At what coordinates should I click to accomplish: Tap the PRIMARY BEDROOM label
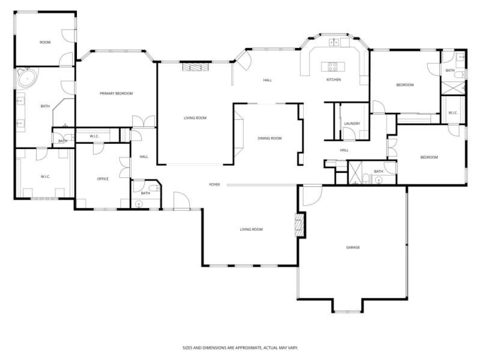point(116,93)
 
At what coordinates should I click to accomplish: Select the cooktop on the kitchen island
point(332,66)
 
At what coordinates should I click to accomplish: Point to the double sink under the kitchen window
point(334,42)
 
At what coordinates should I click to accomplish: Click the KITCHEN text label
point(334,79)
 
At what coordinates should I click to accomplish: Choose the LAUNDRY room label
point(352,124)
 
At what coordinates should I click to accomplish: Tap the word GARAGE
point(352,247)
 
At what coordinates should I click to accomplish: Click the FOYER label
point(214,184)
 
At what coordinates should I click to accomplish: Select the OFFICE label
point(103,178)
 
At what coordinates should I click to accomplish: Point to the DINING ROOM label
point(269,138)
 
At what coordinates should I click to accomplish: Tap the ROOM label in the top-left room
point(44,42)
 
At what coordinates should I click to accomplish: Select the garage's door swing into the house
point(311,195)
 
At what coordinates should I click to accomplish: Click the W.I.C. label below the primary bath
point(44,176)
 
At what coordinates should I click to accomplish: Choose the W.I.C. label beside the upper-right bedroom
point(453,112)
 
